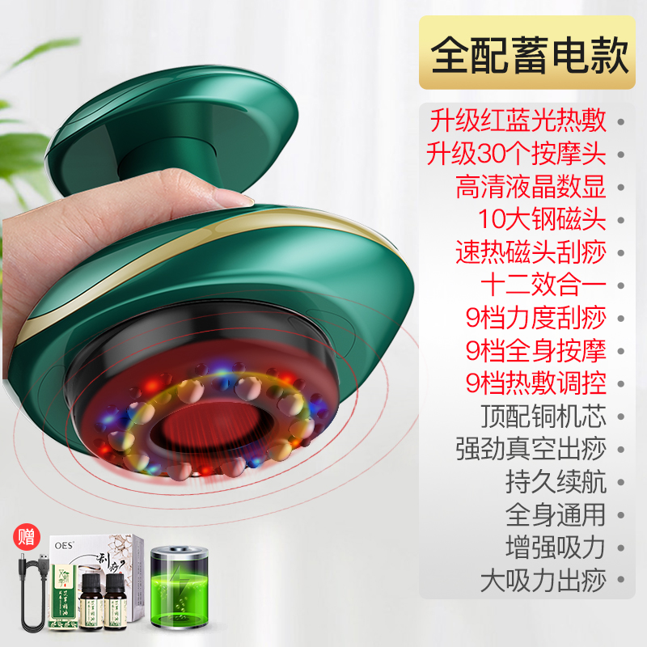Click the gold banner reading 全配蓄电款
(529, 53)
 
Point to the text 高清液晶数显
(531, 187)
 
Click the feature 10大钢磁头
(541, 219)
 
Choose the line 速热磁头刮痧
(531, 252)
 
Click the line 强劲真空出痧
(531, 449)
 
